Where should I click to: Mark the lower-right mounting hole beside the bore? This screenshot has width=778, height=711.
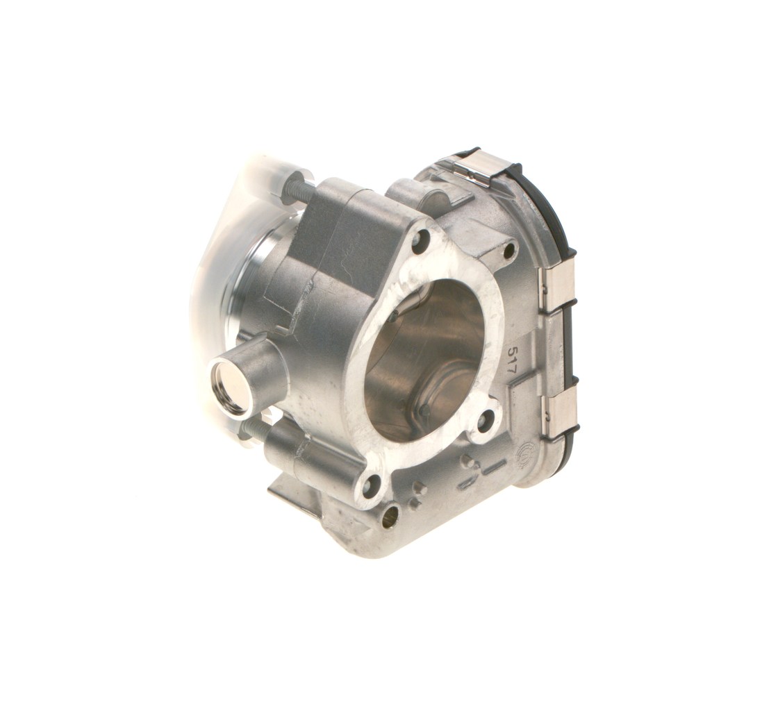(486, 420)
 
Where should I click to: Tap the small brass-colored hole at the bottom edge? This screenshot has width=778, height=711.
(390, 515)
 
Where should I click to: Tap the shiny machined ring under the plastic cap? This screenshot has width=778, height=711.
(254, 278)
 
